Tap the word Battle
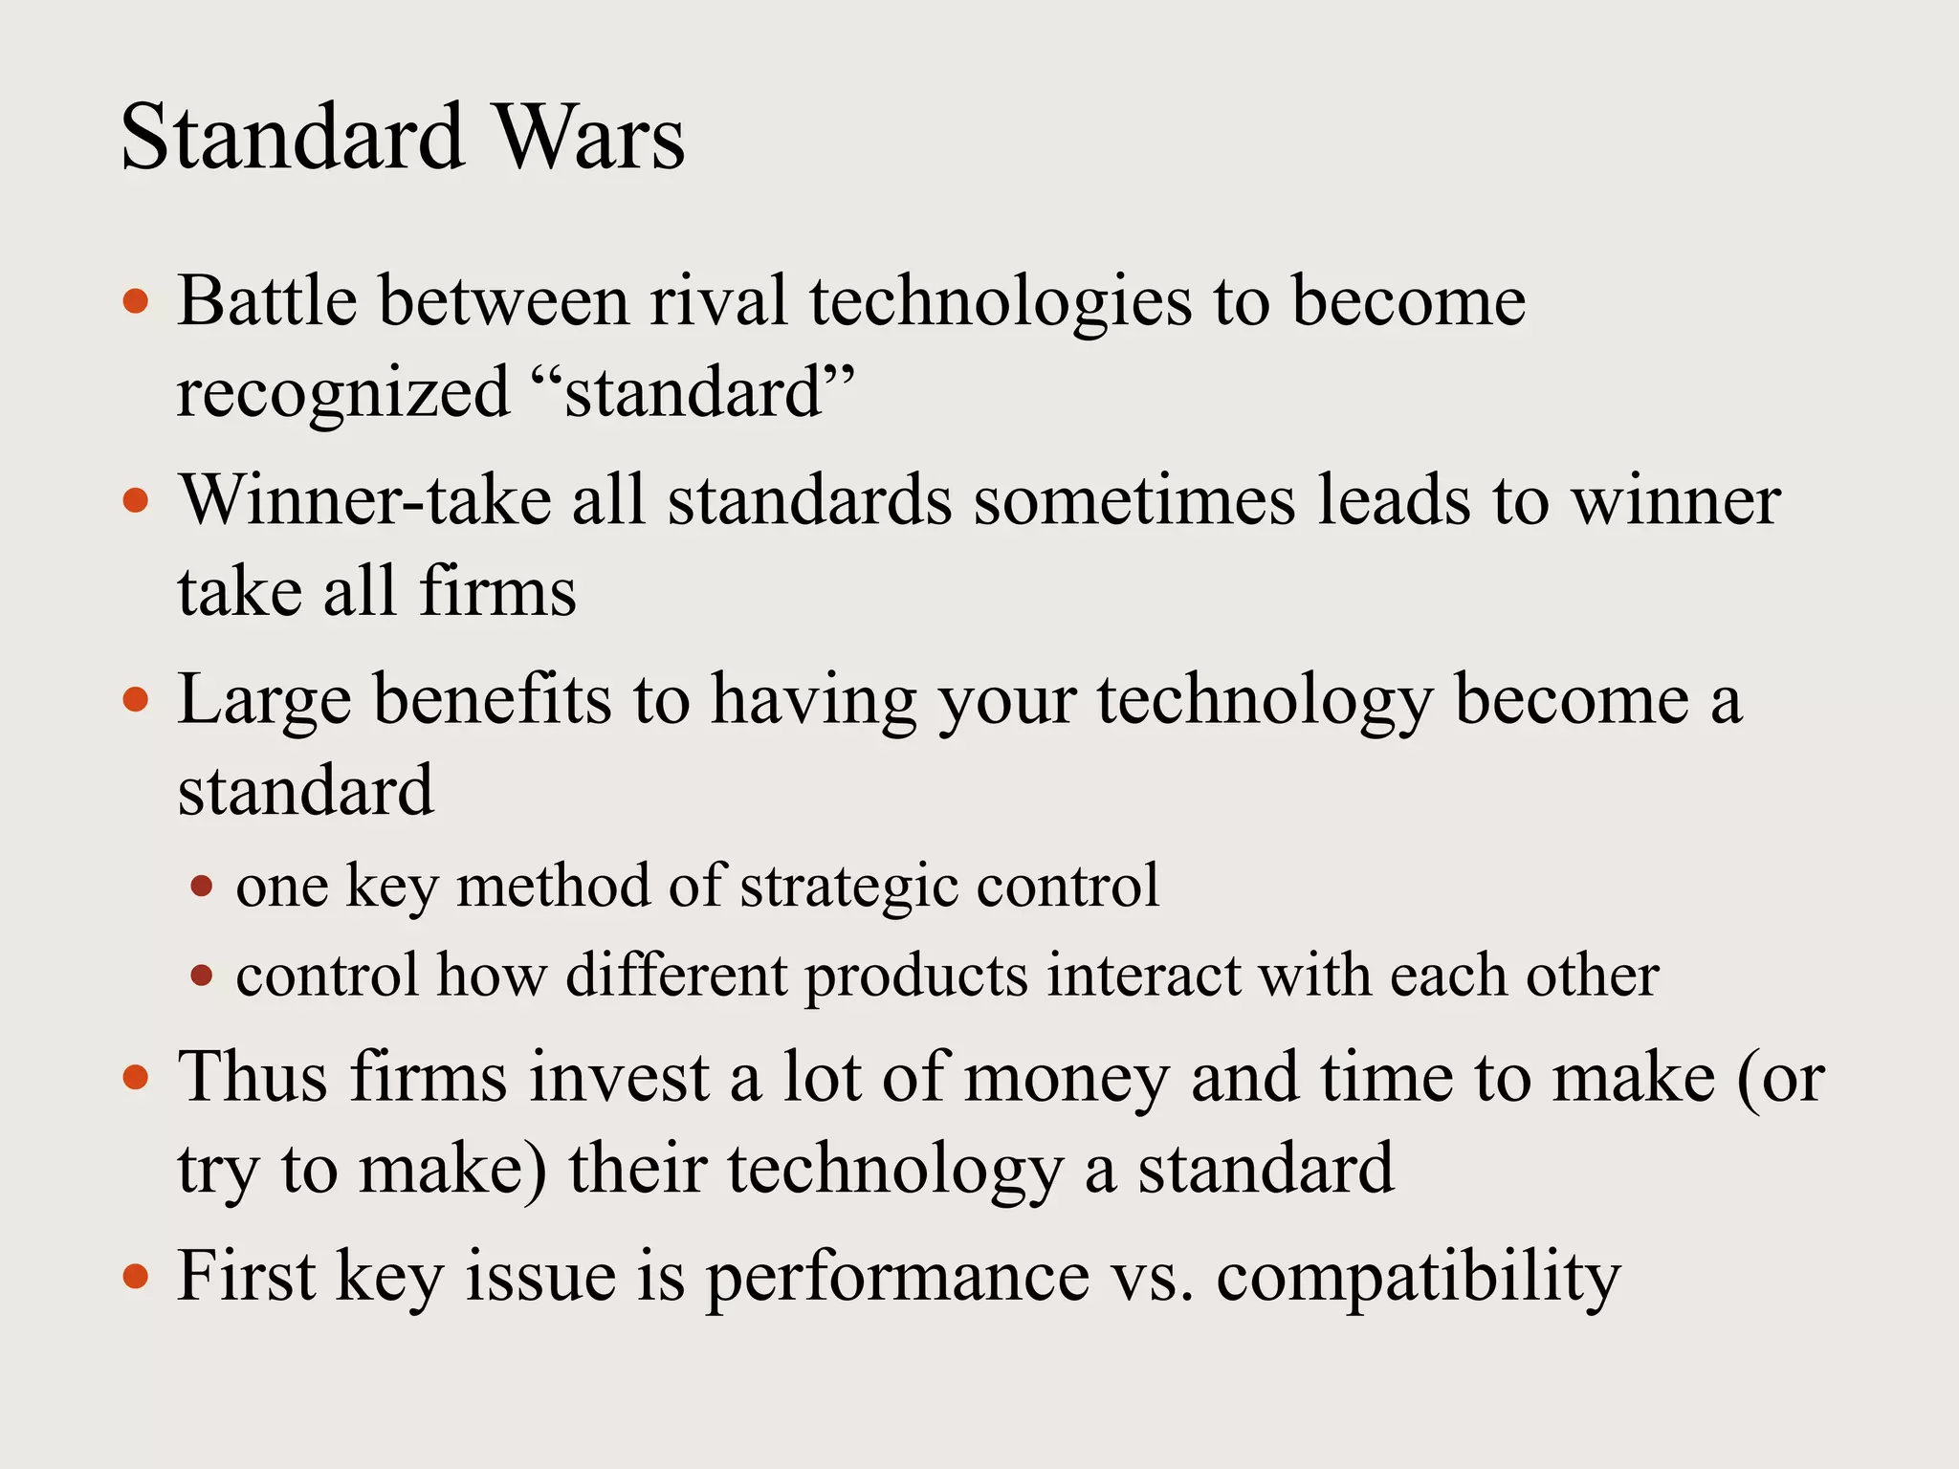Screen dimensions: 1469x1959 click(267, 301)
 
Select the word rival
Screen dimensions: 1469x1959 click(718, 301)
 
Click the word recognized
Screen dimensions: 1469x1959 click(343, 393)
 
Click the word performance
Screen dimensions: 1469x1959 click(897, 1279)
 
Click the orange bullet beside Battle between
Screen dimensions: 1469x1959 click(137, 303)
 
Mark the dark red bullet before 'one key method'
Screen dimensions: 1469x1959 click(201, 887)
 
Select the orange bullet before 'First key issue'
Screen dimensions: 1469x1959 click(137, 1277)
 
